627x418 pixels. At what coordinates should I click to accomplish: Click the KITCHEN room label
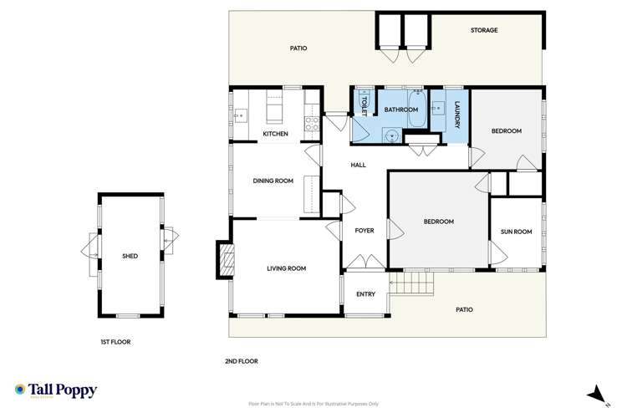(x=275, y=134)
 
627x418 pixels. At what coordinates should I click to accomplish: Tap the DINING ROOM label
(x=273, y=181)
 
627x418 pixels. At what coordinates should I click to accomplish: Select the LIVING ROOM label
(x=286, y=268)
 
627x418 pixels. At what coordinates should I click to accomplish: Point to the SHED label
(x=130, y=256)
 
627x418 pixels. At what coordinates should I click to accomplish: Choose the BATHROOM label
(x=400, y=110)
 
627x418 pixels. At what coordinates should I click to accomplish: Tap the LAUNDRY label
(x=457, y=115)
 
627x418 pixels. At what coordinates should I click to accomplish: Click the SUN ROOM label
(x=516, y=232)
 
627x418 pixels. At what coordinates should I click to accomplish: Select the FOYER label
(x=364, y=230)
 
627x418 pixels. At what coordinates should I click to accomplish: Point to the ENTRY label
(x=365, y=293)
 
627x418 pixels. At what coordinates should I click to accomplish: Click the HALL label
(x=359, y=165)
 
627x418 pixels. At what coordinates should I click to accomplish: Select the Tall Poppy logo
(x=55, y=390)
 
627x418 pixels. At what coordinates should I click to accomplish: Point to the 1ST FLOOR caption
(x=115, y=342)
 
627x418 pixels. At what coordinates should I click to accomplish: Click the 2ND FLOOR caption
(x=242, y=361)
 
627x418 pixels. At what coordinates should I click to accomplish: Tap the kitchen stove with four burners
(x=311, y=123)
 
